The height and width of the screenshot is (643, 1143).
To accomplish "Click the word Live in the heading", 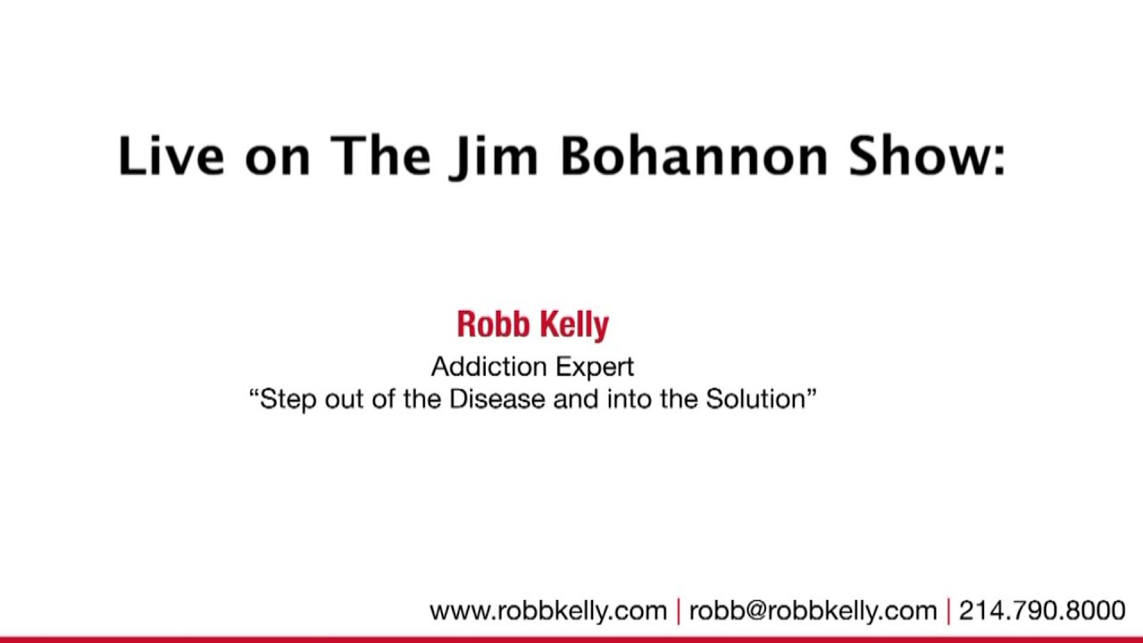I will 171,155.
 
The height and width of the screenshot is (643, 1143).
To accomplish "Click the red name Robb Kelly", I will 532,325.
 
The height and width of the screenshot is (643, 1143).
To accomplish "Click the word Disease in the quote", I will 497,398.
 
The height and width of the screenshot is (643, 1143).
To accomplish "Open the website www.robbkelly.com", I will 548,611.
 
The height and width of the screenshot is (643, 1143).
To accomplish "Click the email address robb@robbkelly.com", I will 813,611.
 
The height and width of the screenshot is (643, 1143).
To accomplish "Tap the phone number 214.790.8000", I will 1042,611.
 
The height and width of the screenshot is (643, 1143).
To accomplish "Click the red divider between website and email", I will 679,611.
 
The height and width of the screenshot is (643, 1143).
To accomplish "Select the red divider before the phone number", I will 947,611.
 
